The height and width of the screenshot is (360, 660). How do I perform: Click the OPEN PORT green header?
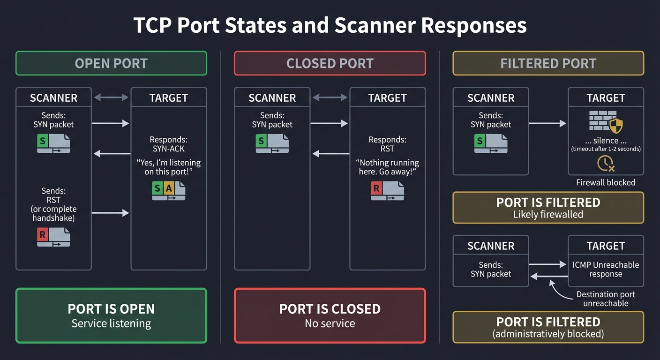coord(111,63)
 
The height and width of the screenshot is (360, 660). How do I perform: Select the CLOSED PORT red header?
coord(330,63)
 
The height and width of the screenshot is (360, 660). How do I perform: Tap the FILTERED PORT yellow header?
coord(548,63)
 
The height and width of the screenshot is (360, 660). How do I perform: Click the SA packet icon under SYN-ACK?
coord(169,191)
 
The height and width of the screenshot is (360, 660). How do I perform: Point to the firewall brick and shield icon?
coord(606,122)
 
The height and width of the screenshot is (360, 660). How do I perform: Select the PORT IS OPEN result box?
coord(111,315)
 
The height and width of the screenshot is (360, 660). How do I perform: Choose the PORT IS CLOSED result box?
coord(330,315)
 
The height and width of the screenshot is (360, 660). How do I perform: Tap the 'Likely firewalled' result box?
coord(548,208)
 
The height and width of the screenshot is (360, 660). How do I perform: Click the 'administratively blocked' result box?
coord(548,327)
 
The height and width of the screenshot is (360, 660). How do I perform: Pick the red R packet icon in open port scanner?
coord(53,237)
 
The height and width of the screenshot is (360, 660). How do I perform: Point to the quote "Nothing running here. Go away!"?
coord(387,167)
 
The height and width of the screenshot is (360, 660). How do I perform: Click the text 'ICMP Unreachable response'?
coord(606,269)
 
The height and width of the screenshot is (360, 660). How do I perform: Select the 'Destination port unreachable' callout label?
coord(606,299)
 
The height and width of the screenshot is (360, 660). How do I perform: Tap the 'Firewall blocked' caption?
coord(606,182)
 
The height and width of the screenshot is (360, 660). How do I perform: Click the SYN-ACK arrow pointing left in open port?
coord(112,153)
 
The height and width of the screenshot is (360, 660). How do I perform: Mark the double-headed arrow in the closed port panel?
coord(330,97)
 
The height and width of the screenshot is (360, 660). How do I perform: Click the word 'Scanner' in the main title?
coord(373,26)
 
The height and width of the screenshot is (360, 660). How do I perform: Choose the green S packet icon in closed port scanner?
coord(272,143)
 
